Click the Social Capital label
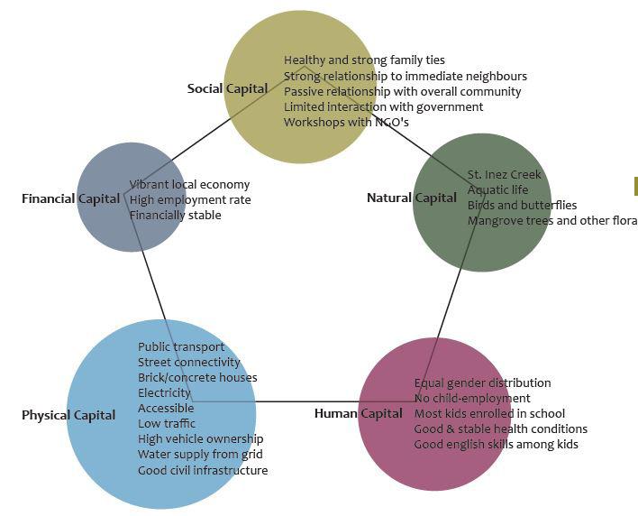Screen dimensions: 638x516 coord(227,88)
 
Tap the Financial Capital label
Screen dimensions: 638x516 coord(70,198)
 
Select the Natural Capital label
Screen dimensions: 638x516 coord(411,198)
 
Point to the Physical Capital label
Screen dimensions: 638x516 coord(68,415)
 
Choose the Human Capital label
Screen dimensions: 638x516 coord(358,413)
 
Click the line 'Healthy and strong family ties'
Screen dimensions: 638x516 coord(364,60)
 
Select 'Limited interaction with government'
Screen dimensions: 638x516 coord(383,106)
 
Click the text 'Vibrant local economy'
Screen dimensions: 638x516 coord(189,185)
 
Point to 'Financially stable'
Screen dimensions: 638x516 coord(175,216)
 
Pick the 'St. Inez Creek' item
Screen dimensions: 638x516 coord(505,174)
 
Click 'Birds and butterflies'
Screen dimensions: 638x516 coord(522,205)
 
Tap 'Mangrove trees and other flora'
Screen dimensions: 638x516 coord(551,220)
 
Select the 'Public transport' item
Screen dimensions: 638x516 coord(181,347)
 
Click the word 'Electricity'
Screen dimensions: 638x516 coord(164,393)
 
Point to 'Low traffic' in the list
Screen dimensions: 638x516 coord(166,424)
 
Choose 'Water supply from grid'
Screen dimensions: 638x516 coord(200,455)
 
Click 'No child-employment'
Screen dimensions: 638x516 coord(472,399)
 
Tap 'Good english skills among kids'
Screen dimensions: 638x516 coord(496,445)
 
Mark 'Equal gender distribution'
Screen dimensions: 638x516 coord(482,383)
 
